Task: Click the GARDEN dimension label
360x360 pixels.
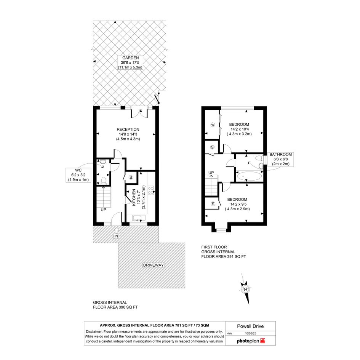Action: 130,62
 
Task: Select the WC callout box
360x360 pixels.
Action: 78,175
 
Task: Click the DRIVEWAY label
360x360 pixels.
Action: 154,265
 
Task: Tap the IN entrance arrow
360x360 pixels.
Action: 116,230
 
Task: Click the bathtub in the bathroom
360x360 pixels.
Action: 249,176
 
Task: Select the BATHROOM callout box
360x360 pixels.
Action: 280,159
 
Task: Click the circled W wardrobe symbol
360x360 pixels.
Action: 213,125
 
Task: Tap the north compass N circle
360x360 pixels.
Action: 245,289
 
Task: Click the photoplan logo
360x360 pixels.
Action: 251,341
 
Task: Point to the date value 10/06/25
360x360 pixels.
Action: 251,333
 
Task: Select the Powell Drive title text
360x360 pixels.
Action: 250,326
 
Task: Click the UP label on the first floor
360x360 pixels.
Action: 211,173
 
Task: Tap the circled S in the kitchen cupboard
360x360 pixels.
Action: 131,178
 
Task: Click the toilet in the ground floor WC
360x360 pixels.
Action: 103,181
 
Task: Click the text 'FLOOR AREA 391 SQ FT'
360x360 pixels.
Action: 224,257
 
